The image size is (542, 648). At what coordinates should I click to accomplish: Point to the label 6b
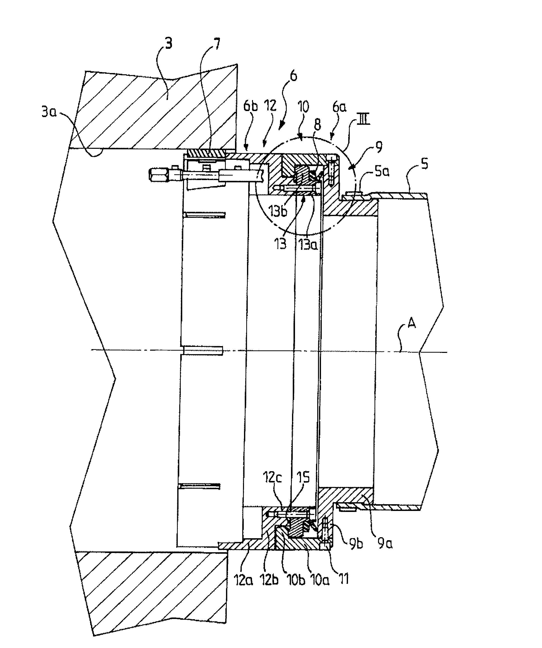(x=250, y=107)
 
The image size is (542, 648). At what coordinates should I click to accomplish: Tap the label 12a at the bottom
(x=244, y=580)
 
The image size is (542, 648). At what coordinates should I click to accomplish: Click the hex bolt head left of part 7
(x=158, y=176)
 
